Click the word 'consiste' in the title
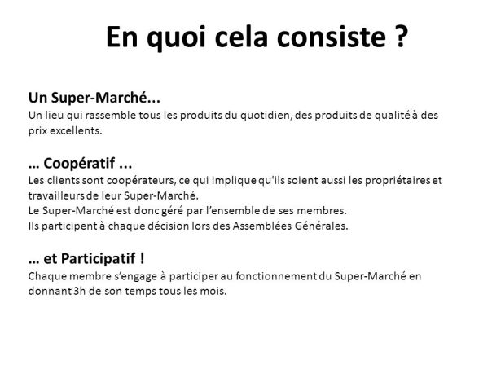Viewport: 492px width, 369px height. tap(327, 37)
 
